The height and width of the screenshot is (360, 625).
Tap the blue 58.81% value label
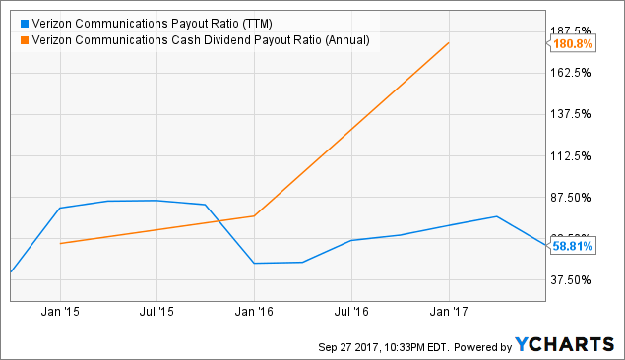point(572,247)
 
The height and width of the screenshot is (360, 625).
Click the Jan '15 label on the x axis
point(60,313)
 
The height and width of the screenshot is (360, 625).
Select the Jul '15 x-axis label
point(156,313)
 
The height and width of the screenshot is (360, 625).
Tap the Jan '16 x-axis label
point(254,313)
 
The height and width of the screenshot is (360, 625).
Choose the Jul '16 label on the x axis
point(351,313)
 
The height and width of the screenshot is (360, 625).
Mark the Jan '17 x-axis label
point(449,313)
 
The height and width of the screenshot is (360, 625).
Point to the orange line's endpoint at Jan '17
point(449,43)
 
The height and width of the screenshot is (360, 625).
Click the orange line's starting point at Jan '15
point(61,243)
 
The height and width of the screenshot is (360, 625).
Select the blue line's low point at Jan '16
point(254,263)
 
